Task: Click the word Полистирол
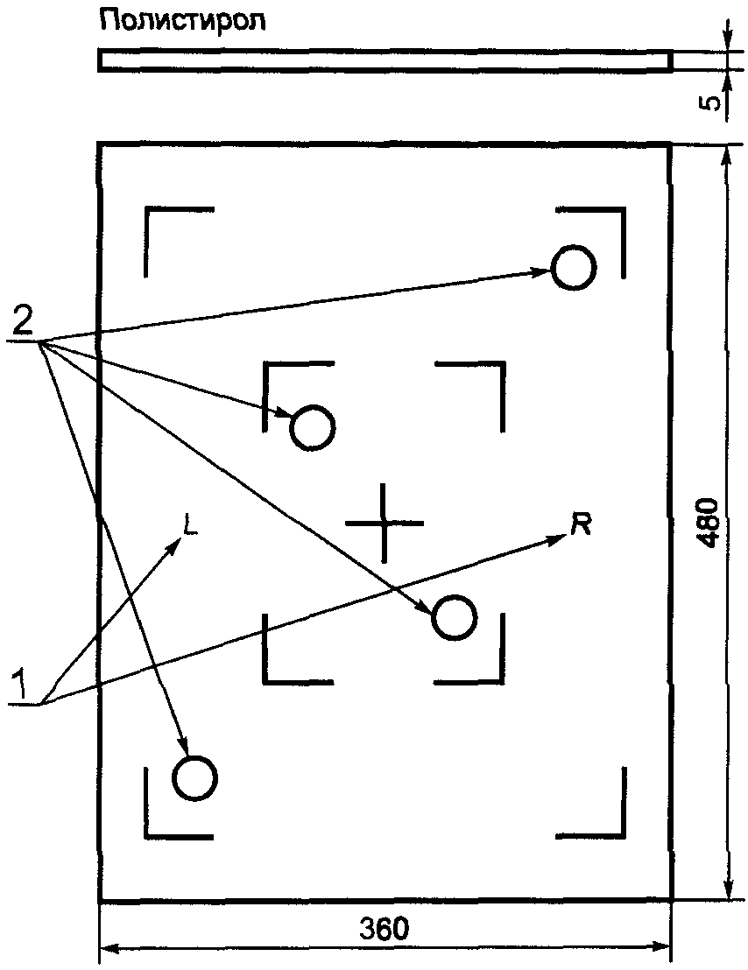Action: (x=183, y=20)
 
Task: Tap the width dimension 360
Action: (x=384, y=929)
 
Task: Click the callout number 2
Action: (x=24, y=323)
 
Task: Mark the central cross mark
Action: (x=383, y=523)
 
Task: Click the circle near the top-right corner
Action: (x=574, y=267)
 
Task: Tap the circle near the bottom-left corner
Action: (x=194, y=777)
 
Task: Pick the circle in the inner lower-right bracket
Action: (x=454, y=618)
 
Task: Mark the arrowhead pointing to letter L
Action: (x=176, y=543)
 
